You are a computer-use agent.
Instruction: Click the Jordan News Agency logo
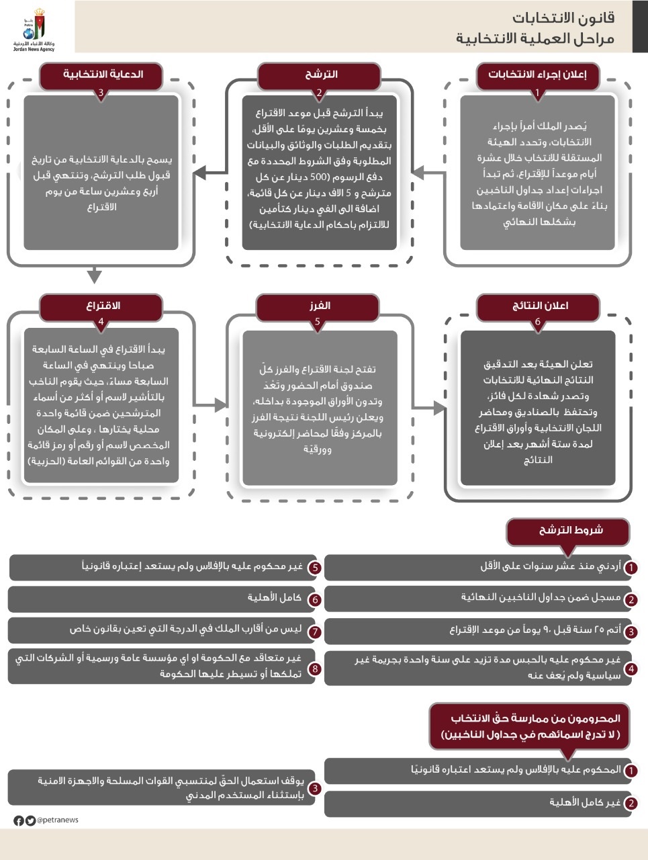coord(33,30)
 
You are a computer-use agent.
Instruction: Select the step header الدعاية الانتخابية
coord(103,75)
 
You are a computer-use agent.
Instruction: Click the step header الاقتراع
coord(103,306)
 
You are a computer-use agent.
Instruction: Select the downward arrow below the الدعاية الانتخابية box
coord(94,275)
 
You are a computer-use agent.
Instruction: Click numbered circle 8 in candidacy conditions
coord(314,669)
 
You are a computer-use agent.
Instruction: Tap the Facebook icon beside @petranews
coord(18,820)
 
